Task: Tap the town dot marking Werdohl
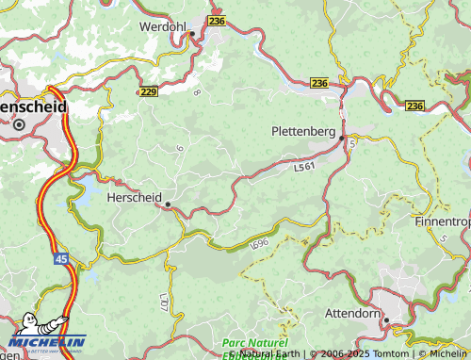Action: [191, 34]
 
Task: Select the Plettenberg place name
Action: [302, 131]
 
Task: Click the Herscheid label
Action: [133, 198]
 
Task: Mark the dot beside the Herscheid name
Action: [168, 204]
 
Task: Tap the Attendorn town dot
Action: [385, 320]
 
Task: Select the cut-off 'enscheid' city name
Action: [34, 107]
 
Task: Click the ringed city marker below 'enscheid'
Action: [18, 123]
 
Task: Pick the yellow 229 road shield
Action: [148, 91]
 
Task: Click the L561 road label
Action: [304, 168]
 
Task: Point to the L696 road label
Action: [260, 244]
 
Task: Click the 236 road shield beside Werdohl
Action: [217, 20]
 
